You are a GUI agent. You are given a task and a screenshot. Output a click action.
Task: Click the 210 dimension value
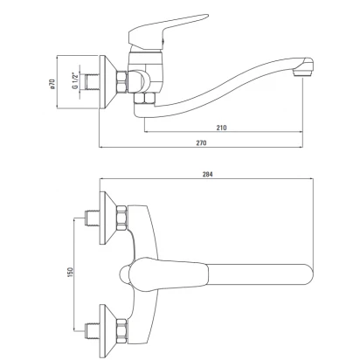click(x=221, y=128)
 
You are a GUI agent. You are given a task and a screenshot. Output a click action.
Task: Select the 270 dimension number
click(x=201, y=142)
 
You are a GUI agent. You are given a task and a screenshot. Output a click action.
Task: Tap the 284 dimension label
click(x=208, y=174)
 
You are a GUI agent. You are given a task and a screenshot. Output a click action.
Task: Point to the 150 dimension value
click(x=71, y=272)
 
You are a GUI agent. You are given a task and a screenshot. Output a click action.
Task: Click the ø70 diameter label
click(x=52, y=83)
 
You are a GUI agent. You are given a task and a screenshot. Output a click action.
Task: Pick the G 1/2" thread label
click(x=75, y=81)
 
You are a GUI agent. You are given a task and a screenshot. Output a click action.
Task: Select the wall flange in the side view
click(x=107, y=82)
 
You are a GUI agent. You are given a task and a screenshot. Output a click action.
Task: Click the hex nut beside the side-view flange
click(x=121, y=81)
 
